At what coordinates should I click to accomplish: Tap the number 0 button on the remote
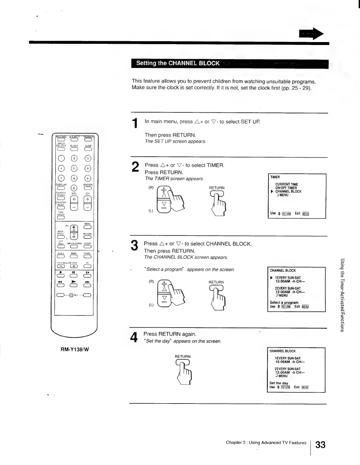coord(74,188)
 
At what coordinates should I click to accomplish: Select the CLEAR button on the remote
coord(87,247)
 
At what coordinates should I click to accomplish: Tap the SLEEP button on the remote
coord(74,149)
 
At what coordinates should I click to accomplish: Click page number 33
coord(320,444)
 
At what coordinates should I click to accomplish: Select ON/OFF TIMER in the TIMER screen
coord(286,188)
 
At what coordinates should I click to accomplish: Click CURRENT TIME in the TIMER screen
coord(286,184)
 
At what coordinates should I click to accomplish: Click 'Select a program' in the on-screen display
coord(284,302)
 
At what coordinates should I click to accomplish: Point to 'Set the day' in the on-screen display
coord(279,383)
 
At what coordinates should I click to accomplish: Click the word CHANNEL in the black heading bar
coord(182,63)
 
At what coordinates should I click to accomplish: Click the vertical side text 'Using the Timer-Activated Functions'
coord(343,294)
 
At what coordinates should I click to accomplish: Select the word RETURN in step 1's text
coord(184,135)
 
